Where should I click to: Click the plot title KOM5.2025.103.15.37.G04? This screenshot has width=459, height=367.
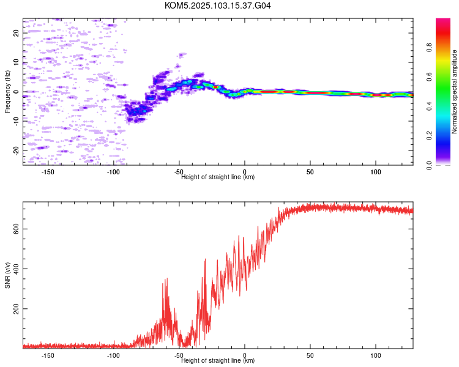click(x=217, y=6)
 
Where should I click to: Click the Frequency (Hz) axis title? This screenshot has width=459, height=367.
click(x=7, y=92)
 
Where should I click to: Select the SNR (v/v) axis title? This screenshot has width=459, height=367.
click(x=7, y=275)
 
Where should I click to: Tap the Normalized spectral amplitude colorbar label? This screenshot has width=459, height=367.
click(x=454, y=92)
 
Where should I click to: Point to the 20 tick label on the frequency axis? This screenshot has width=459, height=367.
click(x=16, y=33)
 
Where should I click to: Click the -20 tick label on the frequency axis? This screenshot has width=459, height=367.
click(x=16, y=150)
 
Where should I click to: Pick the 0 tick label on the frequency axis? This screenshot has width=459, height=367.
click(x=16, y=92)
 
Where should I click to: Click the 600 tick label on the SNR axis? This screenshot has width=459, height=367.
click(x=16, y=229)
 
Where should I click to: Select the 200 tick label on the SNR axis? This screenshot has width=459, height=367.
click(x=16, y=308)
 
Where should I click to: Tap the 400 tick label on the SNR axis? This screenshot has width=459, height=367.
click(x=16, y=269)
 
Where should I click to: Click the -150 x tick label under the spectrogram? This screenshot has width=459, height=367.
click(x=48, y=172)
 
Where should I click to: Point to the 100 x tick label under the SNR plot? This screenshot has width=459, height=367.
click(x=376, y=355)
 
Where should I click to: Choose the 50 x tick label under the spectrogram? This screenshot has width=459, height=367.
click(x=310, y=172)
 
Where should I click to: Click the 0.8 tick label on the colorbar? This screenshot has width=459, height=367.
click(x=429, y=48)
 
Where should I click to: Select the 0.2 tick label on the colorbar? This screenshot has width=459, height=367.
click(x=429, y=136)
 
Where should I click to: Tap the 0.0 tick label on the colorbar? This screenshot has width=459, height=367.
click(x=429, y=165)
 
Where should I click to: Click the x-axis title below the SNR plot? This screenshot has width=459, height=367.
click(x=218, y=360)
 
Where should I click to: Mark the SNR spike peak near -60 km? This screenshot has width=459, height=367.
click(x=167, y=278)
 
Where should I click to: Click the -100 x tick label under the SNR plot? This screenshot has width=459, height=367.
click(x=113, y=355)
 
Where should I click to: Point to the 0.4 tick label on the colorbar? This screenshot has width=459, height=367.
click(x=429, y=106)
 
